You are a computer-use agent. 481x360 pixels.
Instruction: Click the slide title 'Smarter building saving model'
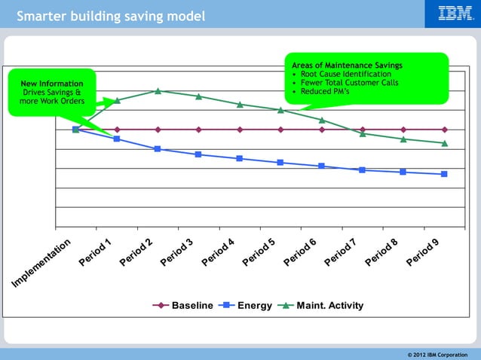tap(111, 16)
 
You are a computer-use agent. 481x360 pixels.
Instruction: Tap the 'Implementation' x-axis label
tap(42, 263)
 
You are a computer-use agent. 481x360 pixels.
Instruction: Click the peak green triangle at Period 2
tap(158, 90)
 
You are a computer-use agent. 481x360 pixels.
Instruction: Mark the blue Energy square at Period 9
tap(444, 174)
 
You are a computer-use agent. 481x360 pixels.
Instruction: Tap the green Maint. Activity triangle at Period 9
tap(444, 142)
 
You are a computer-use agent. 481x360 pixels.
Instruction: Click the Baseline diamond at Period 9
tap(444, 130)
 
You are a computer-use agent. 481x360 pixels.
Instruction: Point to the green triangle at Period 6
tap(322, 119)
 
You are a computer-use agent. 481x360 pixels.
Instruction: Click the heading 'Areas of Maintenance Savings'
tap(347, 66)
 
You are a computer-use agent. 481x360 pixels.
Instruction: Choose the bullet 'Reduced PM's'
tap(326, 91)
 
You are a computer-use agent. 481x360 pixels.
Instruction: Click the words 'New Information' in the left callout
tap(52, 84)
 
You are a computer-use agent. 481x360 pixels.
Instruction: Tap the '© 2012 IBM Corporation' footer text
tap(437, 354)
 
